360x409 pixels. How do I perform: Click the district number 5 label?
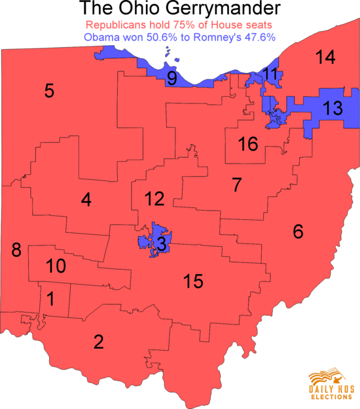(x=49, y=90)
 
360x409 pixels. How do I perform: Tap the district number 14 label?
(x=325, y=58)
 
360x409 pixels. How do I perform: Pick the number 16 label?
(x=248, y=145)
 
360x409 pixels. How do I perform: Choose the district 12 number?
(x=154, y=198)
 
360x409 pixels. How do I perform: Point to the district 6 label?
(x=298, y=231)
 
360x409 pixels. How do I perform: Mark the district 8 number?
(x=16, y=249)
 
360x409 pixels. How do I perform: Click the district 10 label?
(x=56, y=266)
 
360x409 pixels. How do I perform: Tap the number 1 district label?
(x=50, y=299)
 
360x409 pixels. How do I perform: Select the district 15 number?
(x=193, y=282)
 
